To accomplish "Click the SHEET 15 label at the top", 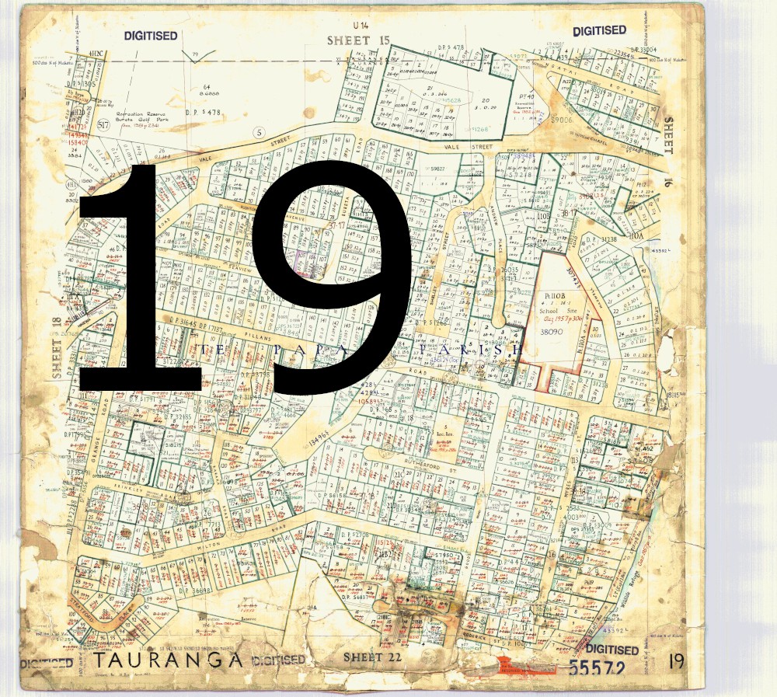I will click(x=357, y=40).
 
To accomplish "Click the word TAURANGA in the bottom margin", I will click(x=169, y=660).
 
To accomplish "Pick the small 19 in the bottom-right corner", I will click(x=676, y=661).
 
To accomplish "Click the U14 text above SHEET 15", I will click(x=358, y=26).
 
